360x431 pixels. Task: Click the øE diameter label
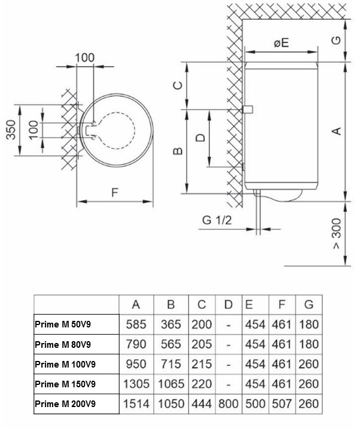pos(282,43)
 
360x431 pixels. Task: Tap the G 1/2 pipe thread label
pos(217,220)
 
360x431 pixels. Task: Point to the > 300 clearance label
pos(337,233)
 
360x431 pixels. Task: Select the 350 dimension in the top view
pos(11,130)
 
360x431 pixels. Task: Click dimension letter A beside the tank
pos(337,131)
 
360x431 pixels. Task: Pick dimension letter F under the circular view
pos(115,192)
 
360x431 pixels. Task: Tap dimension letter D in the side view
pos(200,138)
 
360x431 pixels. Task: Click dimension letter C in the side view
pos(178,86)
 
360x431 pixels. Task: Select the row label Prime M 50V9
pos(63,324)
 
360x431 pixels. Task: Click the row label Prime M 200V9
pos(65,404)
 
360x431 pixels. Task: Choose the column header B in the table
pos(171,305)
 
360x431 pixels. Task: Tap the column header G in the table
pos(309,305)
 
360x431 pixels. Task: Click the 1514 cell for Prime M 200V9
pos(136,404)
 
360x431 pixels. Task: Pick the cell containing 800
pos(228,404)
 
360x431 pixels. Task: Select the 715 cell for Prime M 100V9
pos(171,364)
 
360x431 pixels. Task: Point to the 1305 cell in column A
pos(136,384)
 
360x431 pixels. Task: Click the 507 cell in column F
pos(282,404)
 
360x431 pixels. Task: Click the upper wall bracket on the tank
pos(248,110)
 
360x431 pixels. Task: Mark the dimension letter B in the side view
pos(178,151)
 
